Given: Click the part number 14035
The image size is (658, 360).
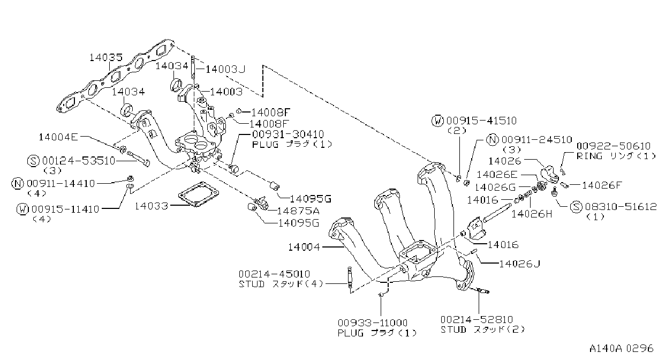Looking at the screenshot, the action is (106, 57).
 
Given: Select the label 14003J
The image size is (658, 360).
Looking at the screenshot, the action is (225, 69).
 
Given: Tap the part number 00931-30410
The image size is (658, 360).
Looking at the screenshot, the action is (288, 134).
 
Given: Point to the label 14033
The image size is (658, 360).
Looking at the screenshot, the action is (152, 206).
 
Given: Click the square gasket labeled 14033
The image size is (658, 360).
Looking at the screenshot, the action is (199, 194).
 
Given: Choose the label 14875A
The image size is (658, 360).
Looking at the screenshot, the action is (298, 211).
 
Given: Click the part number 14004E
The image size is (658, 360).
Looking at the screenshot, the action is (58, 137).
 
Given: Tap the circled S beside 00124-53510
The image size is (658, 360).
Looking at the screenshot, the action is (33, 161).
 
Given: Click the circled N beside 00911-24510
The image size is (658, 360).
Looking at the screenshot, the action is (493, 140).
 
